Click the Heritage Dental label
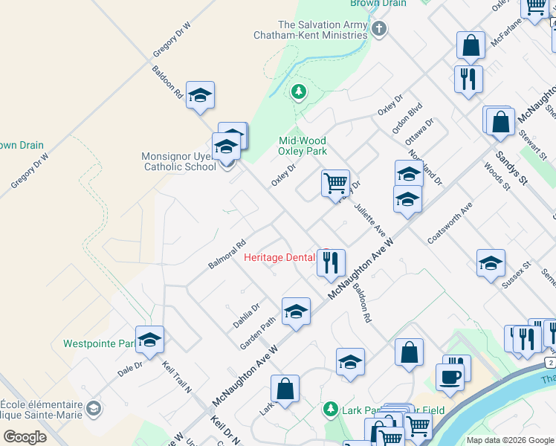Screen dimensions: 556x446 pyautogui.click(x=279, y=257)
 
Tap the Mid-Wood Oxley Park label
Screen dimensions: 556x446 pyautogui.click(x=302, y=146)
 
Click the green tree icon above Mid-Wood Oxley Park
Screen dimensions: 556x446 pyautogui.click(x=298, y=92)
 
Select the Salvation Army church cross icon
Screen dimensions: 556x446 pyautogui.click(x=379, y=29)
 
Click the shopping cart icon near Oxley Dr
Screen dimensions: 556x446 pyautogui.click(x=336, y=181)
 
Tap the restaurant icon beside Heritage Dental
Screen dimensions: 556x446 pyautogui.click(x=331, y=262)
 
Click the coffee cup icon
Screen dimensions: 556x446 pyautogui.click(x=451, y=376)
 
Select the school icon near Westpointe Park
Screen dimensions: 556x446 pyautogui.click(x=149, y=339)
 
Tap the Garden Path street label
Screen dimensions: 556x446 pyautogui.click(x=258, y=334)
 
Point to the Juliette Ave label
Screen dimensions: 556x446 pyautogui.click(x=369, y=216)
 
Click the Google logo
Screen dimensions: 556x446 pyautogui.click(x=25, y=436)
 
